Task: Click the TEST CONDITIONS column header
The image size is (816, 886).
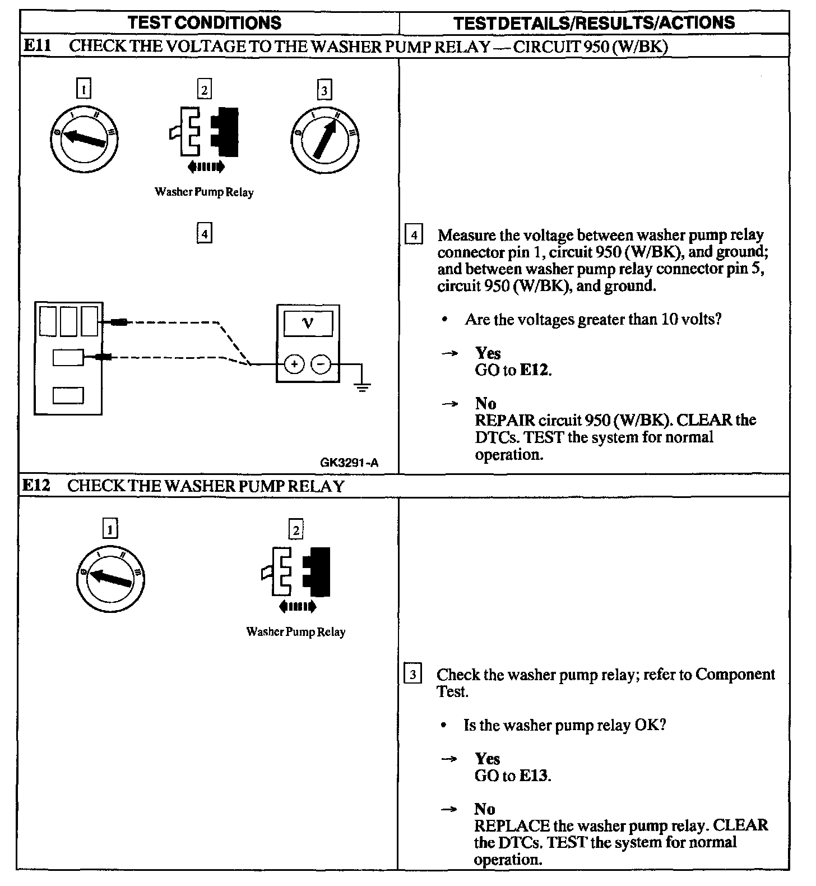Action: pos(205,22)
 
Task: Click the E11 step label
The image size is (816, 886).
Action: pos(37,45)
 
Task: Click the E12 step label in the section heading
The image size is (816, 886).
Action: pos(36,485)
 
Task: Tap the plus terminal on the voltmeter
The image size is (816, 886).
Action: pos(294,364)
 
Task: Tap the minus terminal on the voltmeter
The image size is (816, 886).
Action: pos(321,364)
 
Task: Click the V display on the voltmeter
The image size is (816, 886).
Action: pos(308,323)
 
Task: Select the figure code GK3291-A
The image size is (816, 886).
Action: pos(349,463)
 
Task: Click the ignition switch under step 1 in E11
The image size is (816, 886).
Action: pos(84,137)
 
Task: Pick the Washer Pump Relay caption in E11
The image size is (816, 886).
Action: pos(204,192)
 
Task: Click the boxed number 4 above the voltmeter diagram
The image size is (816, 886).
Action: pos(205,233)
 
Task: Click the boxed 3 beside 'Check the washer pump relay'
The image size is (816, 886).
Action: pos(412,675)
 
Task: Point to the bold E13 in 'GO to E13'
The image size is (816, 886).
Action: pos(534,776)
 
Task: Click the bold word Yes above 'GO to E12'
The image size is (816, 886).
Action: pos(488,353)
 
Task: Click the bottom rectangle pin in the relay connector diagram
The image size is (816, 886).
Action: pos(68,395)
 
